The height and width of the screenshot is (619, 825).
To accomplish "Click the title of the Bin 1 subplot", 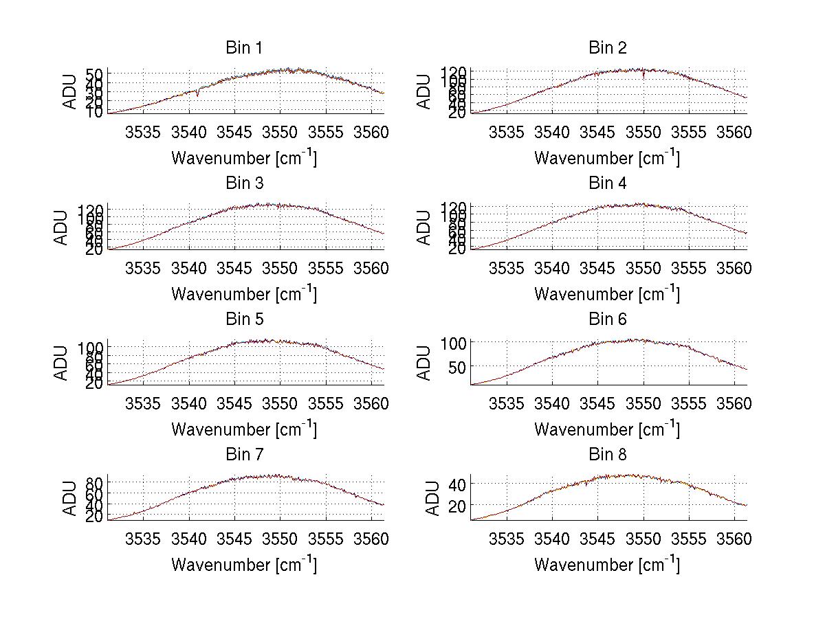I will pyautogui.click(x=244, y=48).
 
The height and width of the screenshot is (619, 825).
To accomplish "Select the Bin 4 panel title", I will pyautogui.click(x=608, y=183).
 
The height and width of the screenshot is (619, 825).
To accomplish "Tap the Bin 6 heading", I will pyautogui.click(x=608, y=319).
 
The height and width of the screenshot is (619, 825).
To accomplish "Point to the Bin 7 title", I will pyautogui.click(x=244, y=454).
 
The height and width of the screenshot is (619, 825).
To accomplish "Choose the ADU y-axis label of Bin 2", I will pyautogui.click(x=425, y=91).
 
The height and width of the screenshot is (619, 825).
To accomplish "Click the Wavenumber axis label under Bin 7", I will pyautogui.click(x=244, y=565).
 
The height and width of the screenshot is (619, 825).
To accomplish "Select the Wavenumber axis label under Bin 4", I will pyautogui.click(x=607, y=293).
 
